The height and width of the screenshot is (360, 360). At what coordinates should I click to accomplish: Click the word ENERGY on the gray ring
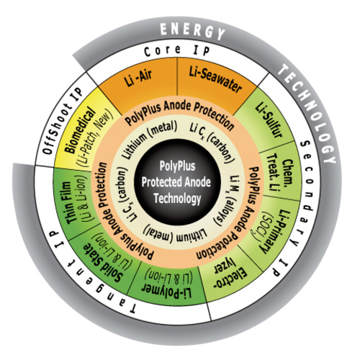click(x=192, y=31)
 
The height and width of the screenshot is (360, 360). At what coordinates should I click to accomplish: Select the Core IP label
click(x=177, y=50)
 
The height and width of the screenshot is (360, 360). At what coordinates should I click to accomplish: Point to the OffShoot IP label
click(x=63, y=122)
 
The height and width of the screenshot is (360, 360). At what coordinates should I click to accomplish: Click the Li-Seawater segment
click(x=214, y=84)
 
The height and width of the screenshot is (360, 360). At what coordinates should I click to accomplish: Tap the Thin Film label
click(x=69, y=203)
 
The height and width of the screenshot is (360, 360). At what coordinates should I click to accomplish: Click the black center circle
click(x=177, y=182)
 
